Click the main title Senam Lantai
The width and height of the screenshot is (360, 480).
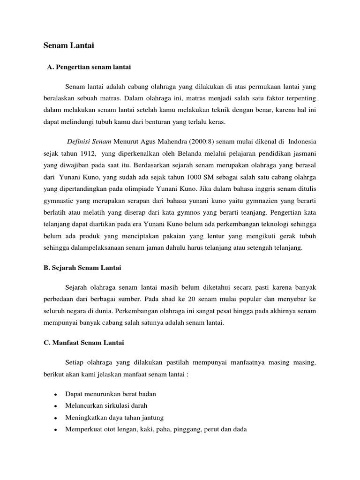pos(69,45)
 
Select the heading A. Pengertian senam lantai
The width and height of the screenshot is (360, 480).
pos(89,67)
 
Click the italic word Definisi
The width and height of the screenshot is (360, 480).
pos(79,141)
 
